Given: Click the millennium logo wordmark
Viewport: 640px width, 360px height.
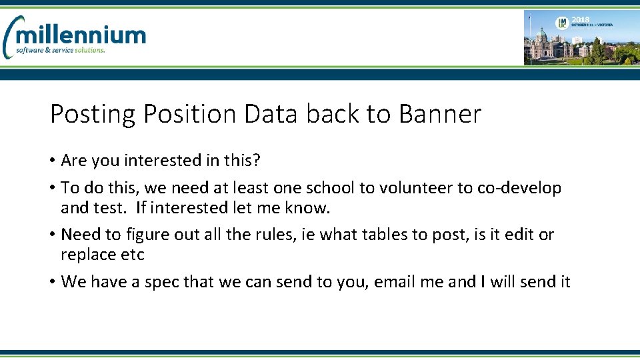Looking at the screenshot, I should click(x=80, y=35).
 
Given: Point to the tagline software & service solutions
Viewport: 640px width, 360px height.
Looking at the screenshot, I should click(x=61, y=51).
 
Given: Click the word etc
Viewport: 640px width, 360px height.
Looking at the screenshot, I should click(x=131, y=255).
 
